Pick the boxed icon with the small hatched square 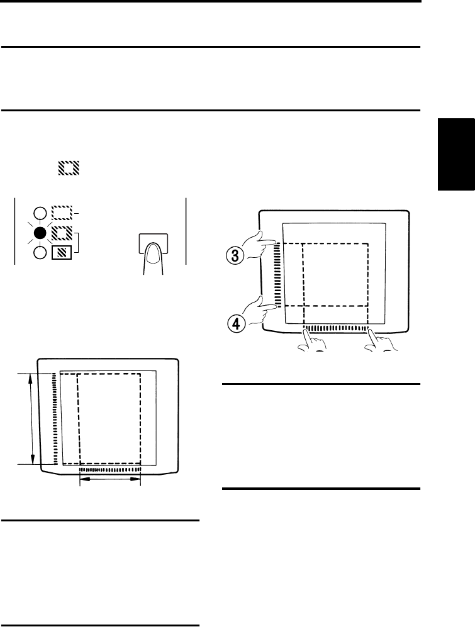[x=62, y=252]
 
